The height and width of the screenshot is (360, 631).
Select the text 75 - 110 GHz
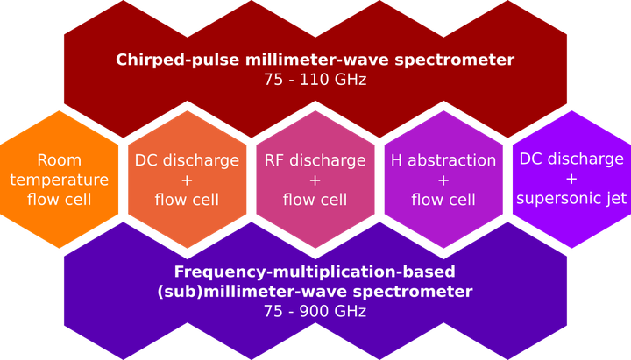click(x=315, y=80)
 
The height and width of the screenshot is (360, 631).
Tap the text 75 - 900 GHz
click(x=315, y=311)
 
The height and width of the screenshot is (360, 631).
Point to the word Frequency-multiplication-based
click(x=315, y=272)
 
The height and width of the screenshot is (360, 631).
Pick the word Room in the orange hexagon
click(x=60, y=160)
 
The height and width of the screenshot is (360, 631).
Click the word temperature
click(x=60, y=180)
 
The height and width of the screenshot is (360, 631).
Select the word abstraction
click(x=452, y=160)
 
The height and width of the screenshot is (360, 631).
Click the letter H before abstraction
click(x=396, y=160)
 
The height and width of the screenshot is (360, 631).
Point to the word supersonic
click(x=556, y=199)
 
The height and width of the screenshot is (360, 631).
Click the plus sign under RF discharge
click(x=315, y=180)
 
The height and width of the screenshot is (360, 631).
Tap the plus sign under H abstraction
click(x=443, y=180)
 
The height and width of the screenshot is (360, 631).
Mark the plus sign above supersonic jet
click(x=571, y=179)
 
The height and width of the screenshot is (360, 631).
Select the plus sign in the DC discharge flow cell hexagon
click(x=187, y=180)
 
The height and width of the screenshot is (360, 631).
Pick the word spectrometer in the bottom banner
click(x=413, y=292)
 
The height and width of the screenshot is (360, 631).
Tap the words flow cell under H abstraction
click(x=443, y=200)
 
